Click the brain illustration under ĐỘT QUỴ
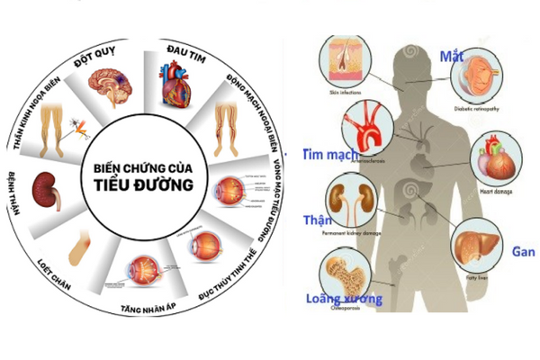click(x=110, y=86)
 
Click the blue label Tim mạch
click(x=331, y=155)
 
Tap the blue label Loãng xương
click(x=343, y=299)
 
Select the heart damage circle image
click(x=497, y=158)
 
